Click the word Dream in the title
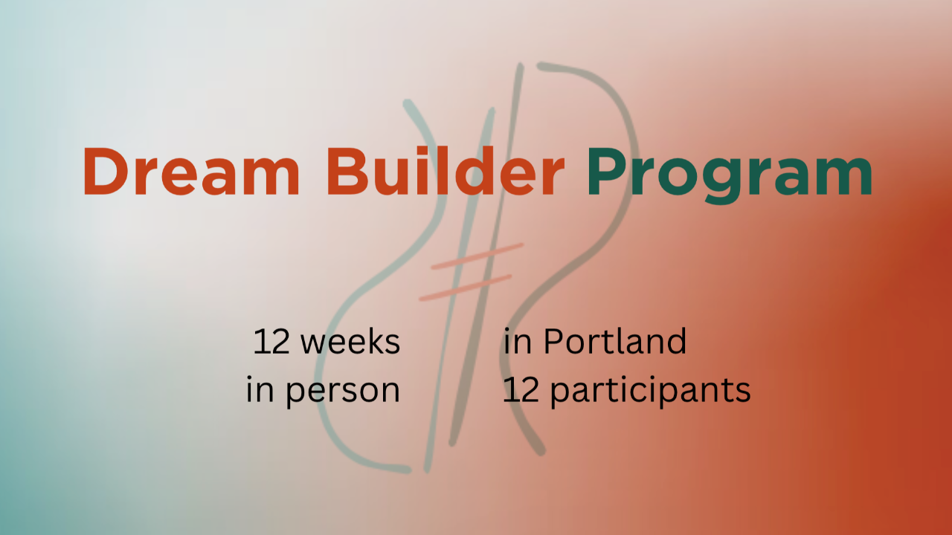point(192,171)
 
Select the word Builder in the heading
point(446,171)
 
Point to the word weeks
point(350,341)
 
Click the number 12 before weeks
point(271,342)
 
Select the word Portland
point(615,341)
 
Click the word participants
point(651,391)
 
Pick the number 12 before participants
point(521,390)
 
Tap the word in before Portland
point(517,342)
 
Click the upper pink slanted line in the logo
point(477,256)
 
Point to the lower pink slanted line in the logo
point(466,288)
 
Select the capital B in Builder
point(347,171)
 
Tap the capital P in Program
point(607,171)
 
